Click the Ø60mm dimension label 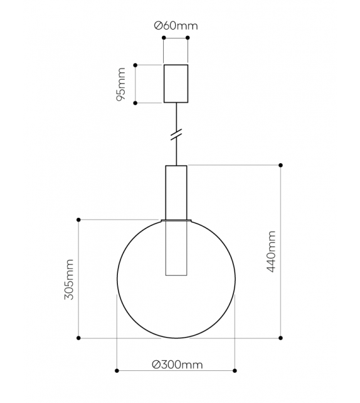pyautogui.click(x=176, y=26)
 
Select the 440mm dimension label pyautogui.click(x=271, y=251)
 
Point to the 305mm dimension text pyautogui.click(x=69, y=279)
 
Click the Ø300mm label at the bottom pyautogui.click(x=177, y=364)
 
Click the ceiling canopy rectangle pyautogui.click(x=176, y=83)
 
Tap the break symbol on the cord pyautogui.click(x=176, y=134)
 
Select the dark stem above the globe pyautogui.click(x=176, y=191)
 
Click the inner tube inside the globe pyautogui.click(x=176, y=248)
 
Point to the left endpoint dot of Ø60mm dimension pyautogui.click(x=164, y=38)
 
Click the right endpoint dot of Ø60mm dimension pyautogui.click(x=188, y=38)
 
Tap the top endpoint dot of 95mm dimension pyautogui.click(x=135, y=65)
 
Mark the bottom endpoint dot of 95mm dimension pyautogui.click(x=135, y=102)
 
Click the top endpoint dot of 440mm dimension pyautogui.click(x=280, y=165)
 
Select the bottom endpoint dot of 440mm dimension pyautogui.click(x=280, y=338)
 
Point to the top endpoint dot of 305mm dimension pyautogui.click(x=78, y=220)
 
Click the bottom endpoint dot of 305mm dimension pyautogui.click(x=78, y=338)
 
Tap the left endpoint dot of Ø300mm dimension pyautogui.click(x=117, y=370)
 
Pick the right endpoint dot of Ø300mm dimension pyautogui.click(x=235, y=370)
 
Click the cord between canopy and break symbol pyautogui.click(x=176, y=116)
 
